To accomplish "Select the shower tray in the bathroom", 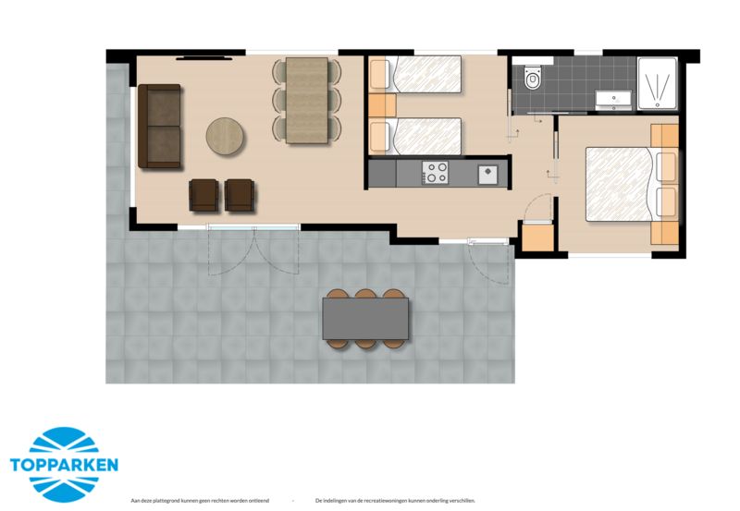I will [657, 84].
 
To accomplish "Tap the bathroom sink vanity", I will [612, 99].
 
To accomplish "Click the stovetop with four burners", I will [435, 172].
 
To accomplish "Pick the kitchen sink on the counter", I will [487, 172].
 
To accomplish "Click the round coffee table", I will [226, 136].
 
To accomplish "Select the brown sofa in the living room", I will [159, 127].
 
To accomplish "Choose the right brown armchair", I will [240, 194].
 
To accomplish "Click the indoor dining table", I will [307, 100].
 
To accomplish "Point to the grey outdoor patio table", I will [365, 318].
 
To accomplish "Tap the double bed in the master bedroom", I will [623, 185].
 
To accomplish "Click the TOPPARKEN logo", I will [64, 463].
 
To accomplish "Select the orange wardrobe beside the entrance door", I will [537, 238].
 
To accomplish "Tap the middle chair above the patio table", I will [365, 296].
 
